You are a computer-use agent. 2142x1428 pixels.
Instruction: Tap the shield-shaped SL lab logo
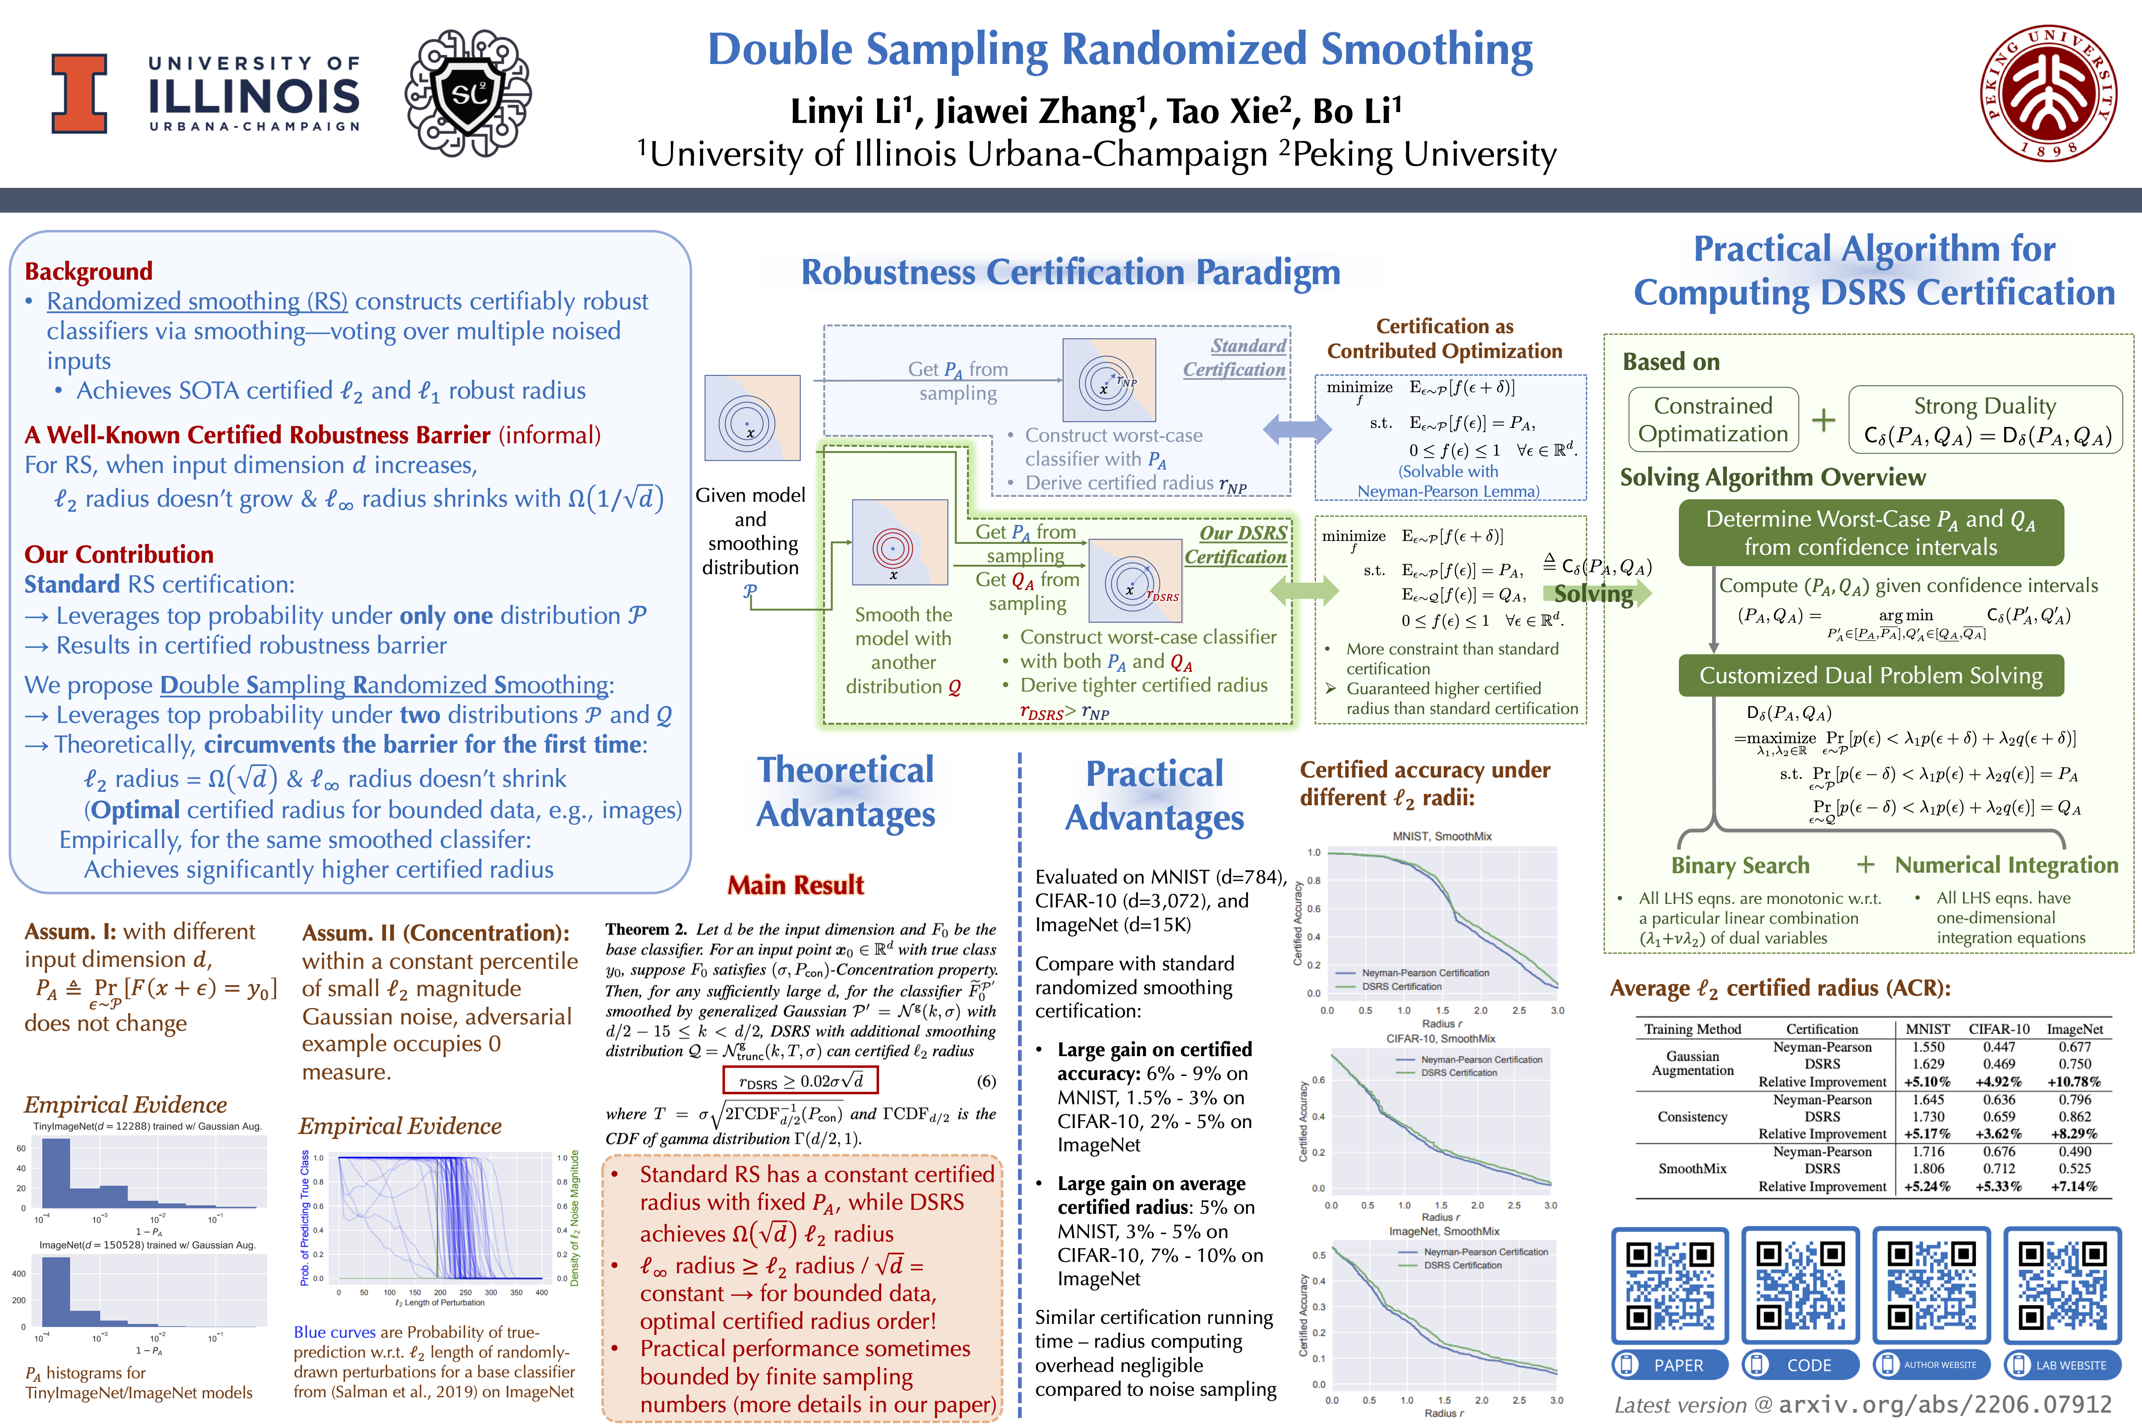pyautogui.click(x=468, y=92)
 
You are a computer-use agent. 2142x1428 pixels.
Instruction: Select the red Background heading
pyautogui.click(x=88, y=271)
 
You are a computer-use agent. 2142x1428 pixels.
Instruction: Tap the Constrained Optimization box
pyautogui.click(x=1713, y=420)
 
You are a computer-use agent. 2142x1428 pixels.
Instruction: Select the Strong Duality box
pyautogui.click(x=1985, y=420)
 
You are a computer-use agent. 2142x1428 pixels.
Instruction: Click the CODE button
pyautogui.click(x=1799, y=1364)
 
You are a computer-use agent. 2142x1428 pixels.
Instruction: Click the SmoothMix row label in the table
pyautogui.click(x=1692, y=1169)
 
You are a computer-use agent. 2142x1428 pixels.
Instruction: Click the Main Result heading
pyautogui.click(x=795, y=885)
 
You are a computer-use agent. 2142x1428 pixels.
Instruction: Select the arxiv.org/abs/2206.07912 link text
pyautogui.click(x=1944, y=1404)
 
